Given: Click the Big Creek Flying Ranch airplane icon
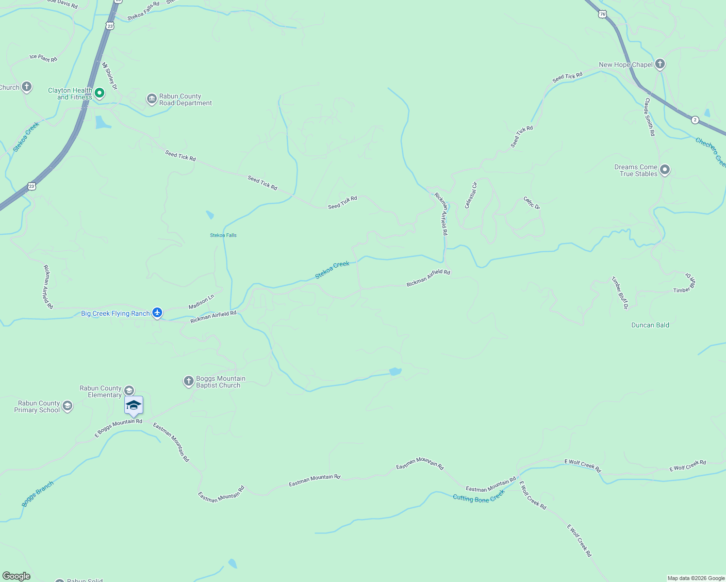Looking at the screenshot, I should click(157, 313).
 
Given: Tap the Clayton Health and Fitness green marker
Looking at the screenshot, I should click(99, 93).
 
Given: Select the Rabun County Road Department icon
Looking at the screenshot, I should click(152, 99).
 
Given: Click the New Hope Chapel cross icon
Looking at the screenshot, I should click(660, 64).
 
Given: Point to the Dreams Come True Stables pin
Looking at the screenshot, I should click(665, 170).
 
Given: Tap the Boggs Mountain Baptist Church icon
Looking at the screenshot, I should click(189, 381).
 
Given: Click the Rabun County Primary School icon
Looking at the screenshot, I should click(67, 406).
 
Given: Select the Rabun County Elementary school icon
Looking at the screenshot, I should click(129, 390).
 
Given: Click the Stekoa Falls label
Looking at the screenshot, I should click(223, 235).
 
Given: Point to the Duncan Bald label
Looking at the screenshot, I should click(650, 325).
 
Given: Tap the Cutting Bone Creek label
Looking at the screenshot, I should click(478, 496).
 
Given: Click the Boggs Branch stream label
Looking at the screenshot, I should click(38, 494).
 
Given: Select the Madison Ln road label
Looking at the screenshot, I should click(201, 302).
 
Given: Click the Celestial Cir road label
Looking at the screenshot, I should click(471, 195).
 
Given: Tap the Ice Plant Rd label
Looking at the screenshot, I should click(43, 58).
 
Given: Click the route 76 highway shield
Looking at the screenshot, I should click(602, 14).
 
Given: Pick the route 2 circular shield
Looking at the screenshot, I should click(695, 120).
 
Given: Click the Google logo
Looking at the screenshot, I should click(16, 576).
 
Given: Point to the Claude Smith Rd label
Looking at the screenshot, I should click(649, 117).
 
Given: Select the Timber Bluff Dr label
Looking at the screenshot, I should click(620, 293).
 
